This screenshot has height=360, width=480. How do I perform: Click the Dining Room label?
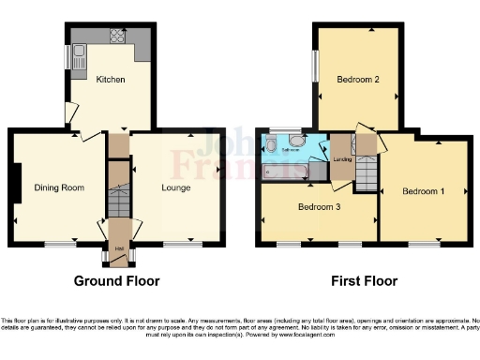(x=59, y=188)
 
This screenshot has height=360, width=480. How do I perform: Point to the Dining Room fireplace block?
(x=16, y=183)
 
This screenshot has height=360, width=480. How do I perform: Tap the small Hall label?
(x=119, y=248)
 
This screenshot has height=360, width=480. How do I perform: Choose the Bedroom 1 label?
(x=423, y=191)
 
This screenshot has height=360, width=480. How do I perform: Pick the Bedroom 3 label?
(x=319, y=206)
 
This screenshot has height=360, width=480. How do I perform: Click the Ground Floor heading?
(x=117, y=280)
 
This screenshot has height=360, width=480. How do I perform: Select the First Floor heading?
(x=365, y=280)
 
